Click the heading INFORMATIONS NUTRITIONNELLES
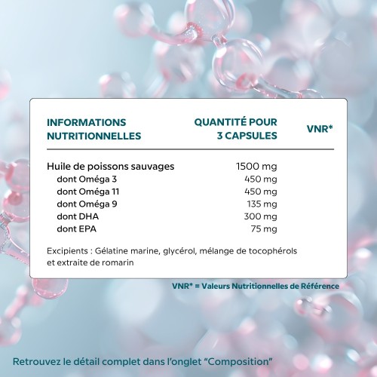93,129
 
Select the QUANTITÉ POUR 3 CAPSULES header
235,129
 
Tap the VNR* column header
320,129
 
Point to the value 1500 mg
257,166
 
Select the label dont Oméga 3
87,179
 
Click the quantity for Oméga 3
261,179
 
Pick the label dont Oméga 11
89,192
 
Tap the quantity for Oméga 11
261,192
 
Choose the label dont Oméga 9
87,204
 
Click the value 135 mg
262,204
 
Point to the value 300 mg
261,216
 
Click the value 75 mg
264,228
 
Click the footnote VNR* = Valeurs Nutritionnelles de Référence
256,286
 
